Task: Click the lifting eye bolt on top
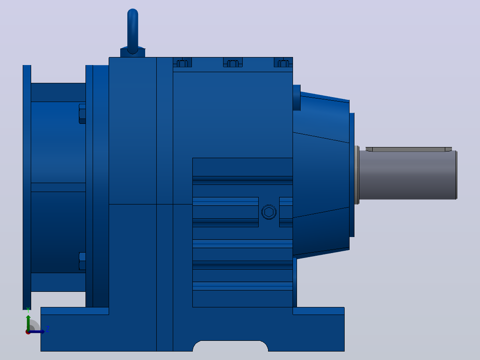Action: [133, 31]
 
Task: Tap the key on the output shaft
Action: [409, 149]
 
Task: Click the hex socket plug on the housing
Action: [269, 212]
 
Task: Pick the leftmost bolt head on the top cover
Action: [183, 63]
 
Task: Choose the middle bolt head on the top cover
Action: [232, 63]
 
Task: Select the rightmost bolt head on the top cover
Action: [283, 63]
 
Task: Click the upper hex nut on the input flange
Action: [82, 114]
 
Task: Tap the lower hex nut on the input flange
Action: [82, 261]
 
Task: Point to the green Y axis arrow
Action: [28, 322]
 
